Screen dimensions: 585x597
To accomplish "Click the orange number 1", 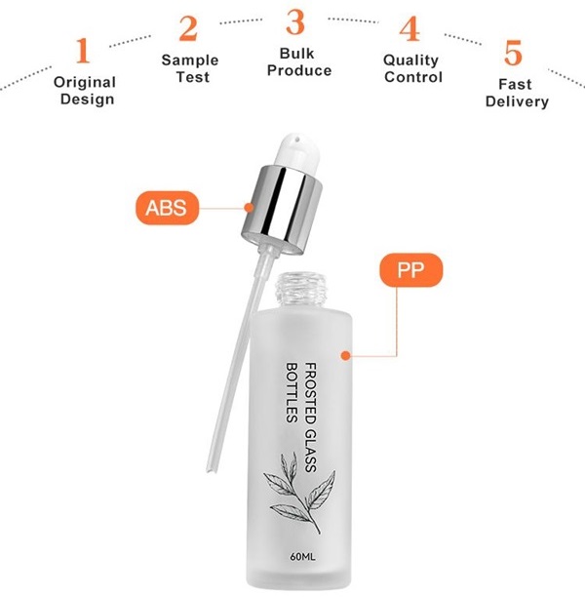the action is tap(83, 51).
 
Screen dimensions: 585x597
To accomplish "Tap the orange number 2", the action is tap(188, 28).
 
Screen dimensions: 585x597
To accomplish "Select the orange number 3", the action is tap(295, 22).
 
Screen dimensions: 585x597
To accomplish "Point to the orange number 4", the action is tap(409, 29).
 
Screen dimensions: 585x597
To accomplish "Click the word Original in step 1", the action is tap(85, 82).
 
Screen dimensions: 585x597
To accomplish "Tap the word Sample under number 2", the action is tap(190, 60).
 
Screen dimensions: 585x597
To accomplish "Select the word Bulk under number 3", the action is tap(296, 54).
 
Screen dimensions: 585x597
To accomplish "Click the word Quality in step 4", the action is tap(411, 60).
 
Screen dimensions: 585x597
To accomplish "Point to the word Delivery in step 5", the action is tap(517, 101).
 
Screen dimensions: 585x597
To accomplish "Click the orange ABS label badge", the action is tap(167, 208).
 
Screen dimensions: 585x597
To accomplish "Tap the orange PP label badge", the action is tap(411, 270).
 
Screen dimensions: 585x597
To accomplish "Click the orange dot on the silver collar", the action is tap(249, 208).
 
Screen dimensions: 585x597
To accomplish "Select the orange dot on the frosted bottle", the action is tap(345, 356).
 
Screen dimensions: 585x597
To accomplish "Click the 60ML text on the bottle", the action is tap(302, 556).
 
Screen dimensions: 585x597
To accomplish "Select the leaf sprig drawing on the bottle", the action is tap(299, 493).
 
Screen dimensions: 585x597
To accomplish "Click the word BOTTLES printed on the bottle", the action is tap(292, 392).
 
